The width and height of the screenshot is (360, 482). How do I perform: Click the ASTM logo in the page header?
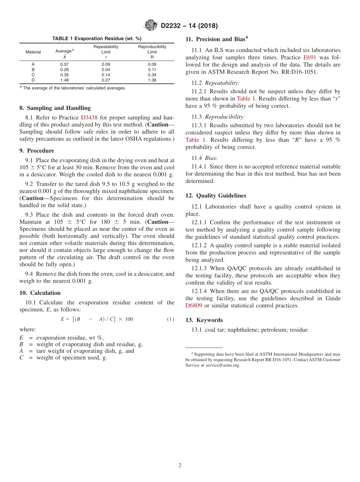151,26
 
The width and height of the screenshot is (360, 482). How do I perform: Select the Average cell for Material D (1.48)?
64,80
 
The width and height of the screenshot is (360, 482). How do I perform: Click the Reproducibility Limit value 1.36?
152,80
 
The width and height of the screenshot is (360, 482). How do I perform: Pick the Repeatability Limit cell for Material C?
106,75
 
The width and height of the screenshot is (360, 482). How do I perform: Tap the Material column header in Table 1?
33,52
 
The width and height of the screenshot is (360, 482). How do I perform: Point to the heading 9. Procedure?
37,150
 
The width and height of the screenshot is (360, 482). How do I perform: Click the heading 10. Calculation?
40,293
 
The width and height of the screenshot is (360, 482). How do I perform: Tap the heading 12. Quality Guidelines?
216,196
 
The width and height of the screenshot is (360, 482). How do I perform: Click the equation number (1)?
171,319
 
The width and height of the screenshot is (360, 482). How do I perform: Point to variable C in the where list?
22,357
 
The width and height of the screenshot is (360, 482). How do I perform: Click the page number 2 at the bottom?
180,465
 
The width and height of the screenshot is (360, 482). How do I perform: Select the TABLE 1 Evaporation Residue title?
97,39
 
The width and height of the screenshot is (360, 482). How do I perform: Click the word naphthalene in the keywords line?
242,330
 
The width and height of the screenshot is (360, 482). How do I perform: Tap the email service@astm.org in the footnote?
222,365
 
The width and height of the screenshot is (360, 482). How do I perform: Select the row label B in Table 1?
33,70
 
